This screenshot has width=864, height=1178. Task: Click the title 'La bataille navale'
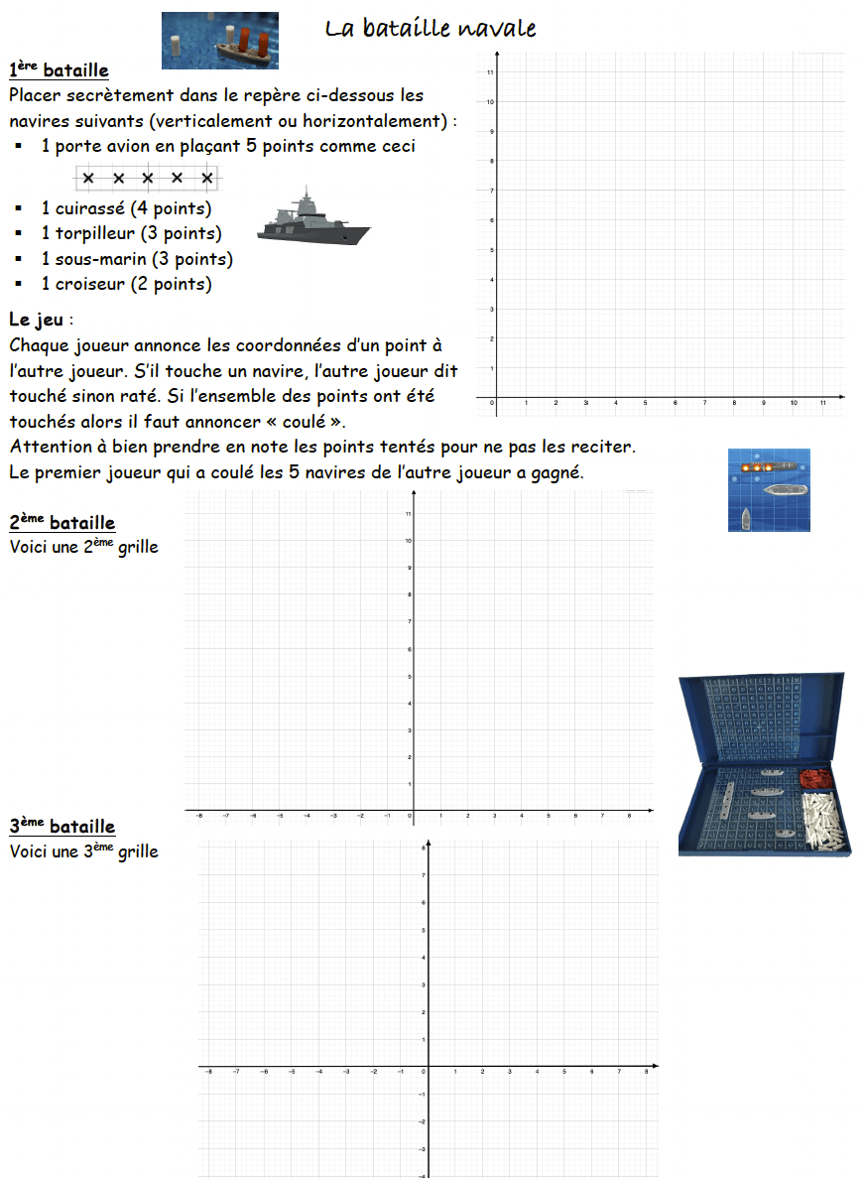click(x=431, y=29)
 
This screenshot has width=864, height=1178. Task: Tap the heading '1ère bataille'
click(x=59, y=70)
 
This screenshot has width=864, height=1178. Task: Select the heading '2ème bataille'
click(x=62, y=523)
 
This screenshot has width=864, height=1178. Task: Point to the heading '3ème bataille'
click(x=62, y=827)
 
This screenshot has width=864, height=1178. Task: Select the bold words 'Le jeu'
click(x=39, y=321)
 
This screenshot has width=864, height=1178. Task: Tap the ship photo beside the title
click(x=219, y=41)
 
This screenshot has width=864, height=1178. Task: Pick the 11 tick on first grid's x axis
click(x=823, y=403)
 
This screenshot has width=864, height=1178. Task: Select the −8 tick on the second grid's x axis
click(x=198, y=816)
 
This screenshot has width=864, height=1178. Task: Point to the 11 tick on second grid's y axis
click(x=409, y=513)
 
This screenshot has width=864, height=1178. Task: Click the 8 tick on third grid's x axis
click(x=647, y=1073)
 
